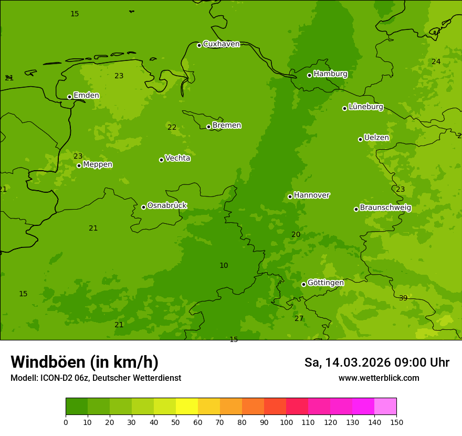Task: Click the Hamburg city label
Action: (x=330, y=74)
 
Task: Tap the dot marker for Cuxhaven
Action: (x=199, y=45)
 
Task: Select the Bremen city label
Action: (x=227, y=126)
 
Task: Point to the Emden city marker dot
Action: (x=69, y=97)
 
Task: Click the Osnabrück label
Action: (x=167, y=206)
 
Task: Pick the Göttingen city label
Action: (x=325, y=283)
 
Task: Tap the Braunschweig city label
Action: (x=385, y=208)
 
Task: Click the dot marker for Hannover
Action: (x=290, y=196)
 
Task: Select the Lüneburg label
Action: (x=366, y=107)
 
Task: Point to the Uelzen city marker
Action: (x=360, y=139)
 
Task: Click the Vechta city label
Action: (x=177, y=158)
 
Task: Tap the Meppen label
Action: (x=98, y=165)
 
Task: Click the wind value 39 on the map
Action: (x=403, y=298)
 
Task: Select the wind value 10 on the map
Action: (x=224, y=266)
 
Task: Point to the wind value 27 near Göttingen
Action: (x=299, y=319)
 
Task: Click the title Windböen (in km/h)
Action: (x=85, y=362)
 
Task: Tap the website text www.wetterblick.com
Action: (x=379, y=378)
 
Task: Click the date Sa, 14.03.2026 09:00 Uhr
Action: (x=376, y=362)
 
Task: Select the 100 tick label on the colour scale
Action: (x=286, y=422)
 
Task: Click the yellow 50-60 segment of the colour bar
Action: (x=187, y=407)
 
